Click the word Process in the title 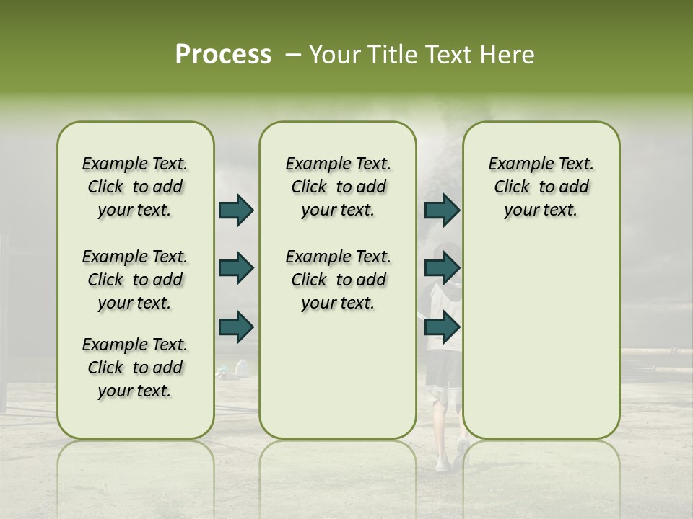(223, 55)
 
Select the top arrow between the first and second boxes (236, 210)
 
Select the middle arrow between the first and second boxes (236, 268)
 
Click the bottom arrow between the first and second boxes (236, 327)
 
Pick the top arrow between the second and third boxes (442, 210)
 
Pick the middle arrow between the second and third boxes (442, 268)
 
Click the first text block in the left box (135, 187)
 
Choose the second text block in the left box (135, 280)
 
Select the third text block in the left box (135, 368)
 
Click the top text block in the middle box (338, 187)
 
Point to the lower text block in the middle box (338, 280)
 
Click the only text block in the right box (541, 187)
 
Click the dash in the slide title (293, 55)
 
